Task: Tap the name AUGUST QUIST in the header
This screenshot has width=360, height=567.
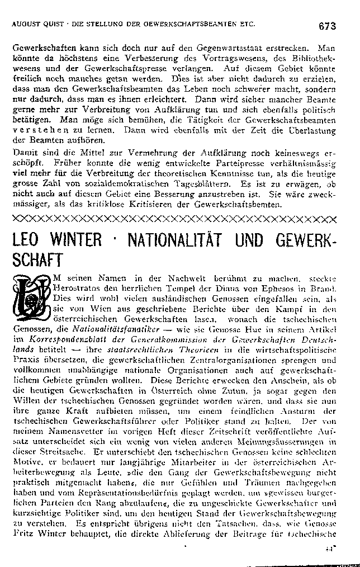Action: click(35, 25)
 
